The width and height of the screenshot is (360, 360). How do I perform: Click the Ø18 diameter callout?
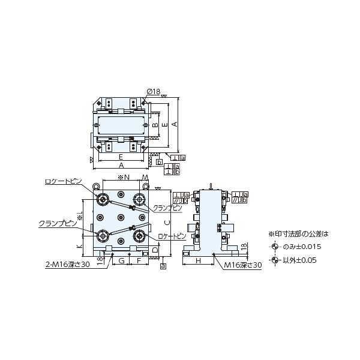coord(153,91)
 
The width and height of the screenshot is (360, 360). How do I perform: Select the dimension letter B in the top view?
coord(155,126)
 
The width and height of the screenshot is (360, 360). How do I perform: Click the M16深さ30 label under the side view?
coord(243,265)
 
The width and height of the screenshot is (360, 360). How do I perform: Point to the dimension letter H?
coord(197,261)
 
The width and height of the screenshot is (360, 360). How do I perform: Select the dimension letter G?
coord(121,261)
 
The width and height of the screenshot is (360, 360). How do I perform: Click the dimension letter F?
coord(139,261)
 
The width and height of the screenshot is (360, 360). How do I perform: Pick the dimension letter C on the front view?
coord(166,221)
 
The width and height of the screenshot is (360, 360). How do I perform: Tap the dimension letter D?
coord(155,250)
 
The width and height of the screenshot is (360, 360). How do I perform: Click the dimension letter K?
coord(79,247)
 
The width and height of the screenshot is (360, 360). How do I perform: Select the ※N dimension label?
coord(123,178)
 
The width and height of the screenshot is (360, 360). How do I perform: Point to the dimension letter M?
coord(145,178)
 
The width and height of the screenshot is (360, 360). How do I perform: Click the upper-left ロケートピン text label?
coord(64,181)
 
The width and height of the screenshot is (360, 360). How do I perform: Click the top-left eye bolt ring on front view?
coord(96,185)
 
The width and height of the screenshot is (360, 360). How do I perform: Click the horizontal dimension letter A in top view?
coord(121,164)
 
